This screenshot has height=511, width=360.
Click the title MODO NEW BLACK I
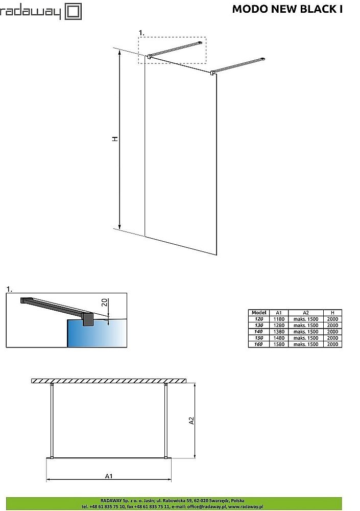pos(287,9)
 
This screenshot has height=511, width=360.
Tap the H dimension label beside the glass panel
pos(115,138)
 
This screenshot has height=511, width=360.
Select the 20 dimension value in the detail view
pos(104,302)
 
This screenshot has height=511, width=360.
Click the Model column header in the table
pos(259,313)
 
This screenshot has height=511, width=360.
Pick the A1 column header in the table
pos(279,313)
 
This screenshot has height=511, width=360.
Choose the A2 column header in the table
pos(305,313)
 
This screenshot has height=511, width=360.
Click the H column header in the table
pos(332,313)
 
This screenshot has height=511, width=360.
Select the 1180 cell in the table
pos(279,319)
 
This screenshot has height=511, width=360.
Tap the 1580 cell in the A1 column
pos(279,344)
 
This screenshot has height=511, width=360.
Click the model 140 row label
pos(259,332)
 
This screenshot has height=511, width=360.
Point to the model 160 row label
pos(259,344)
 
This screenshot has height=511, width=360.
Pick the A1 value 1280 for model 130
pos(279,325)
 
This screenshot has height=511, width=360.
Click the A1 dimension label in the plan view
pos(109,476)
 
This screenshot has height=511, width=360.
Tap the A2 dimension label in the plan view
pos(191,421)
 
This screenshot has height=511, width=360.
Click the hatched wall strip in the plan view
pos(109,381)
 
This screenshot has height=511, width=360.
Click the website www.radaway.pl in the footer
pos(246,506)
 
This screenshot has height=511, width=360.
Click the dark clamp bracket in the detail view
pos(88,319)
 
